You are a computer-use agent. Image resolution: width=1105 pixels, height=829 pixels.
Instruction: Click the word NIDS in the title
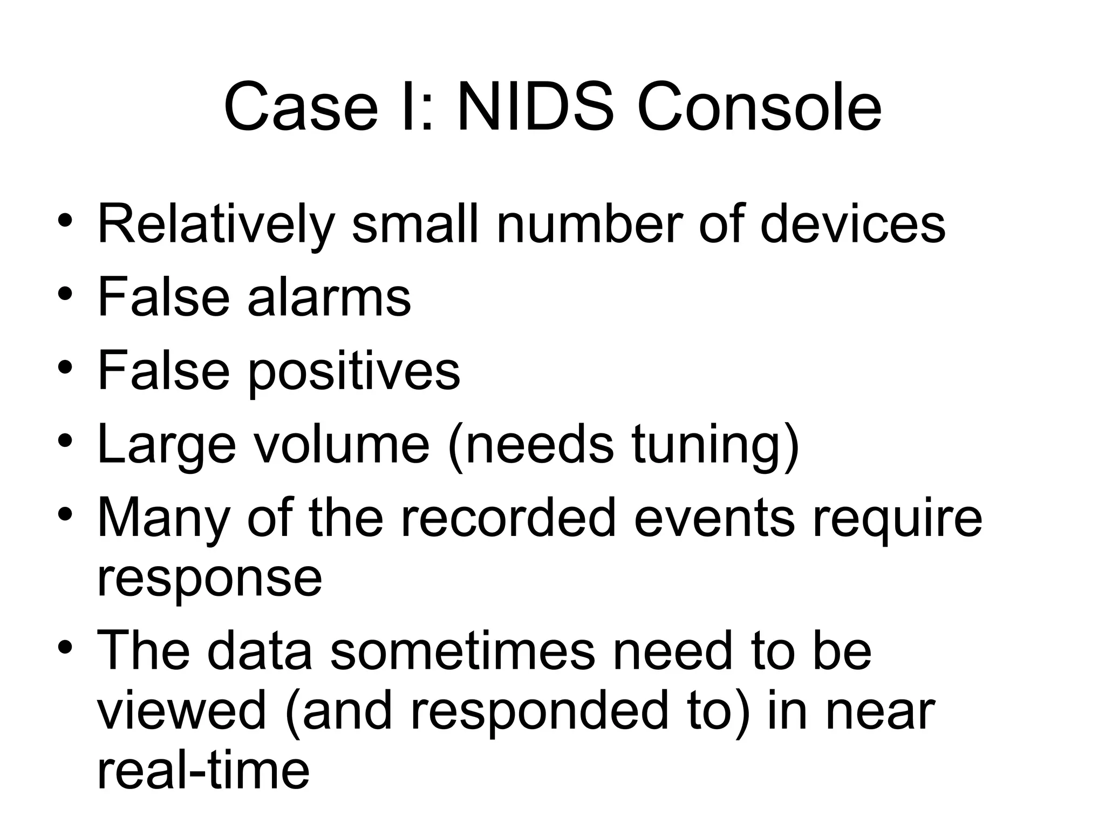535,107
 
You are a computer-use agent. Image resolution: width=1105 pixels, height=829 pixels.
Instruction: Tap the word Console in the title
759,107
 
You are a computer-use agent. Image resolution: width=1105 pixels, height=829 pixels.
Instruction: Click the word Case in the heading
301,107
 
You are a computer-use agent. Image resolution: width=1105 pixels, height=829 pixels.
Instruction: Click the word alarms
329,296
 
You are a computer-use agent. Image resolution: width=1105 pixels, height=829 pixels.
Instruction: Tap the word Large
166,445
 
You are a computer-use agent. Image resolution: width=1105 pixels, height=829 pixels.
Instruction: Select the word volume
342,445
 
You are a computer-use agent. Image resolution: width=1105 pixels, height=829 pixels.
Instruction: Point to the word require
897,518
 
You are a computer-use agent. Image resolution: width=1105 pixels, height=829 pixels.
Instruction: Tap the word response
209,579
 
